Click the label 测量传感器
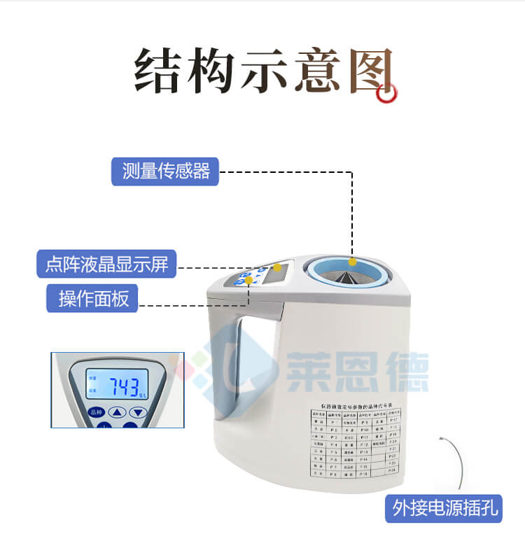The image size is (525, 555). click(165, 171)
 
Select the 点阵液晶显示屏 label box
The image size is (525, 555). click(106, 265)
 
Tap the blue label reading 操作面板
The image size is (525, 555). click(92, 299)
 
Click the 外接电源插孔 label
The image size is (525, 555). click(444, 509)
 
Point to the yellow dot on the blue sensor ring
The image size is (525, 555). click(353, 261)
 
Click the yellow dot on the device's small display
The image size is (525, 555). click(277, 267)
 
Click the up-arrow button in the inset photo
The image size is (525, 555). click(118, 412)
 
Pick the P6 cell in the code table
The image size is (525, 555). click(334, 458)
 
